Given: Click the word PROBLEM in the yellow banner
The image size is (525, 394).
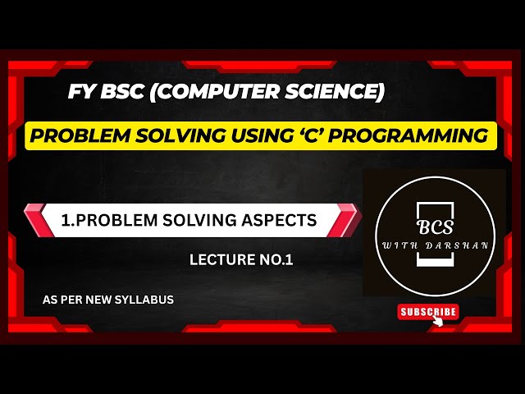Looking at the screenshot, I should point(75,135).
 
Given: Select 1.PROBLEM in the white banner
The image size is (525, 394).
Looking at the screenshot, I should point(103,220).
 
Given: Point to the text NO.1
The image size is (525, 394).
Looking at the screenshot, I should point(277,260).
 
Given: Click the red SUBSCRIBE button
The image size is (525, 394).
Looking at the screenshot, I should point(427,311).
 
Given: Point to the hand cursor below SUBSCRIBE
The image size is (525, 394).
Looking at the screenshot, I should point(438,321).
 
